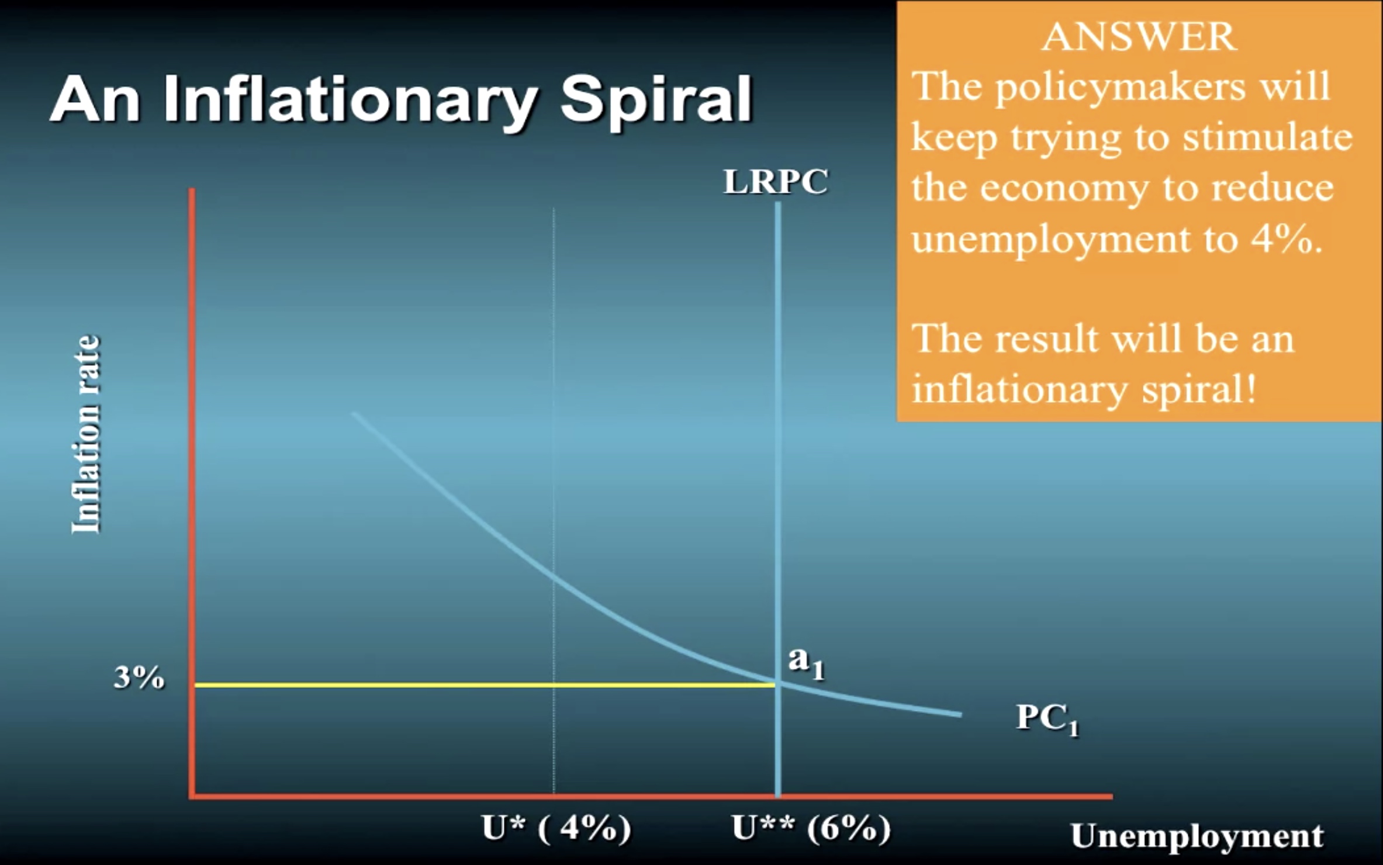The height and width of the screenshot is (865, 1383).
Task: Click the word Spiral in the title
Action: (656, 99)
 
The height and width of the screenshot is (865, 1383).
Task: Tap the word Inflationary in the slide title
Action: (350, 99)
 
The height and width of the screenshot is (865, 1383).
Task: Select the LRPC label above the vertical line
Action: (776, 182)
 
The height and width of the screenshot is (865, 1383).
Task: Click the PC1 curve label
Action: (1047, 718)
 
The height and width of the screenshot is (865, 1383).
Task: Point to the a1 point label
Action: (806, 663)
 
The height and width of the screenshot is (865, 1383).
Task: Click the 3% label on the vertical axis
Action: (139, 678)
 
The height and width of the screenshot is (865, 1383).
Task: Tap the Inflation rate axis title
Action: (86, 434)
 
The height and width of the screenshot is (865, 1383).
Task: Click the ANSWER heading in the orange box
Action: (1139, 37)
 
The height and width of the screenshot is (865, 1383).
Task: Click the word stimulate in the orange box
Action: (1267, 138)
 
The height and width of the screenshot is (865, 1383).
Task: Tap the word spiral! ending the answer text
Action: (1198, 390)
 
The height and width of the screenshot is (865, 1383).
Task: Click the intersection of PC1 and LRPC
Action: (778, 683)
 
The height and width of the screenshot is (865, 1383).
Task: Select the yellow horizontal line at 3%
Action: (485, 685)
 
